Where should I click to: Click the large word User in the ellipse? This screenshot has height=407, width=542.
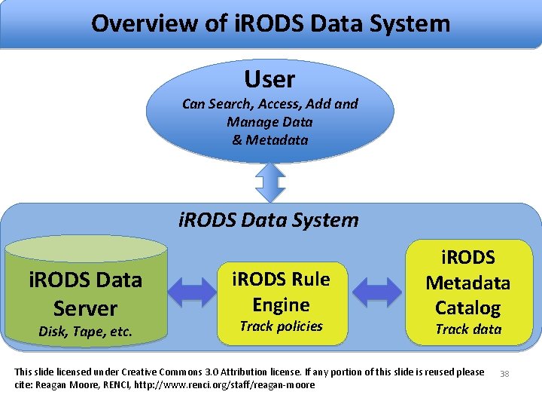click(x=269, y=78)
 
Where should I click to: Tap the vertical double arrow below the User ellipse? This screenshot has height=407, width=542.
click(x=269, y=182)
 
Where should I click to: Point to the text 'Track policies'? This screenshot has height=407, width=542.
click(x=281, y=326)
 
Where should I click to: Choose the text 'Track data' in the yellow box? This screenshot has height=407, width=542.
click(x=467, y=329)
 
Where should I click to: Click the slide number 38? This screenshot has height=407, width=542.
click(x=504, y=373)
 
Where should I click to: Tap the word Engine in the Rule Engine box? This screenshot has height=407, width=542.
click(x=281, y=304)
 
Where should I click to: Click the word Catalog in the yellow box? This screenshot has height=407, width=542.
click(x=467, y=308)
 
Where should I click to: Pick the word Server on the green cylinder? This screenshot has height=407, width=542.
click(x=85, y=308)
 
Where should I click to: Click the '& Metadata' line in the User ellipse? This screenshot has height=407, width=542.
click(x=269, y=140)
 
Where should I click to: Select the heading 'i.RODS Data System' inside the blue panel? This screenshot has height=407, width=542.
click(x=269, y=220)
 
